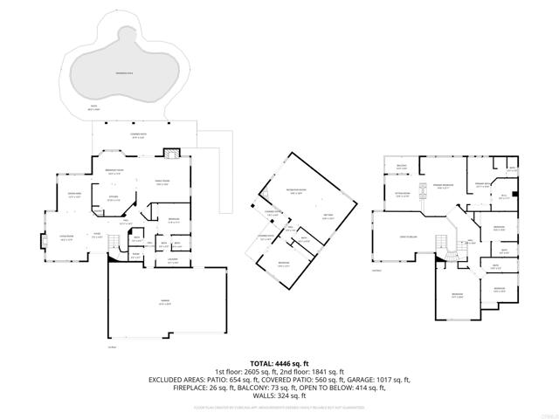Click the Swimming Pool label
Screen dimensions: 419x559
[121, 74]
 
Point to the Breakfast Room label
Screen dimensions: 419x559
[114, 170]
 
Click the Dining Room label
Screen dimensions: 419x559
[75, 195]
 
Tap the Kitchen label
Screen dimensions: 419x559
[114, 199]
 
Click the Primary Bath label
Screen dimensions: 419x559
[483, 185]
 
